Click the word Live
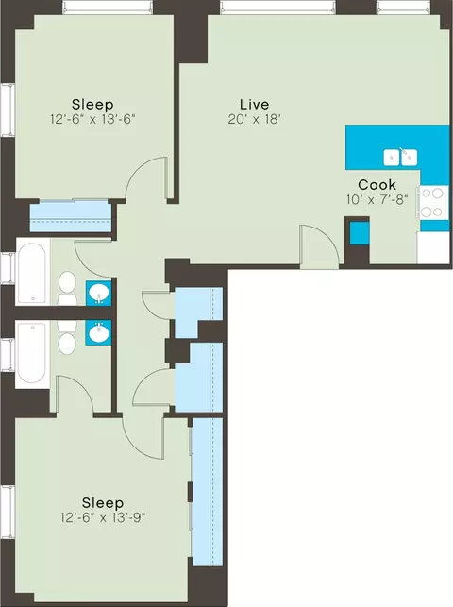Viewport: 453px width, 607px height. [254, 104]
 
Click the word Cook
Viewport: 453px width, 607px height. [377, 184]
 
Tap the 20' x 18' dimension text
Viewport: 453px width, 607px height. [254, 119]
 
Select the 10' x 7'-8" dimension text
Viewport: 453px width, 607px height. [377, 199]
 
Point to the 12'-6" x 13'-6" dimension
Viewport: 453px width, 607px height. [92, 119]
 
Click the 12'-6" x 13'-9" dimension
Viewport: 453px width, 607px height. [103, 517]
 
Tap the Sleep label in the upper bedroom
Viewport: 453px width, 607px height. [92, 105]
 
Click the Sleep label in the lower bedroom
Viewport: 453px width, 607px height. [103, 503]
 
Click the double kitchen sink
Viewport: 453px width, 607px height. [400, 158]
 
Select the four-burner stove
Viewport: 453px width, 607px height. [431, 202]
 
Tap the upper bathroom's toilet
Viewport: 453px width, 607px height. [67, 288]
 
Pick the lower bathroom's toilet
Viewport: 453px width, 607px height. [67, 338]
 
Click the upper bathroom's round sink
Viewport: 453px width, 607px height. [99, 293]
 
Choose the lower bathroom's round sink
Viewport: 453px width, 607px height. [99, 333]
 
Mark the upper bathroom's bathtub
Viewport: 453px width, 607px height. [32, 272]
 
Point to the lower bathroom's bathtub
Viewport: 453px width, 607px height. [32, 354]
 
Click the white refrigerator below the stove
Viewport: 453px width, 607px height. [433, 247]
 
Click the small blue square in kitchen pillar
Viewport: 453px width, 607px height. [360, 233]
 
